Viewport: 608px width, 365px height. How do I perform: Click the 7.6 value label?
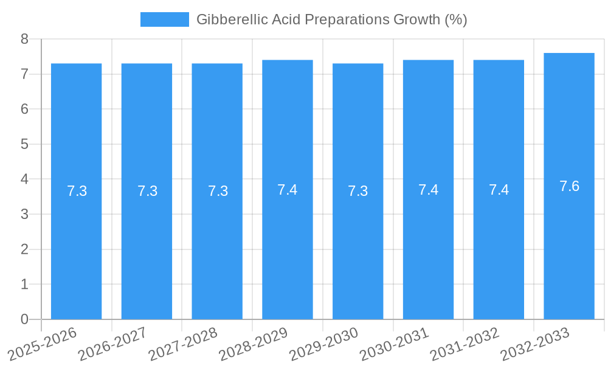click(x=569, y=186)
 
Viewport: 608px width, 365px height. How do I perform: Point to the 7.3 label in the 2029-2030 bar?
click(x=358, y=191)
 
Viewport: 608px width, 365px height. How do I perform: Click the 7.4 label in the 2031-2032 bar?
click(x=499, y=190)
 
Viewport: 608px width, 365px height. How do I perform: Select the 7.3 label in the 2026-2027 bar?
click(x=147, y=191)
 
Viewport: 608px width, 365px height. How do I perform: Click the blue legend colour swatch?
click(x=164, y=19)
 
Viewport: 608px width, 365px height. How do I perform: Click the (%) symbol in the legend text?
click(x=455, y=19)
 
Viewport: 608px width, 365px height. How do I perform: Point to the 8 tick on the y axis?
click(x=24, y=39)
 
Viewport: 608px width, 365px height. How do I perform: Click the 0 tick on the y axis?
click(x=24, y=319)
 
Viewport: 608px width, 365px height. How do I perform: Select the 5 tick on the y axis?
click(x=24, y=144)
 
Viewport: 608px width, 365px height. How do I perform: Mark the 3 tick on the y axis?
click(x=24, y=214)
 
